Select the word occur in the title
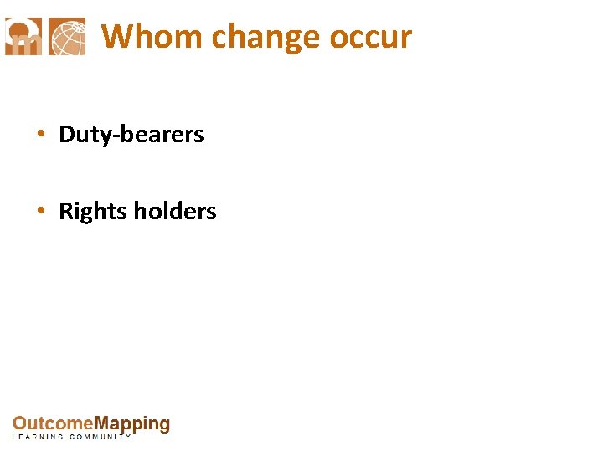tap(371, 38)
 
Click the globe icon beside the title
tap(68, 37)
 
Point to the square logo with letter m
tap(23, 37)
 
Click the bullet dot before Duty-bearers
tap(40, 135)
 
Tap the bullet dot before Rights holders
tap(40, 212)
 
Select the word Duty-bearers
tap(131, 135)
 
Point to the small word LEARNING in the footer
tap(38, 437)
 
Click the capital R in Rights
tap(65, 212)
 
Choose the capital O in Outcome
tap(19, 424)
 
